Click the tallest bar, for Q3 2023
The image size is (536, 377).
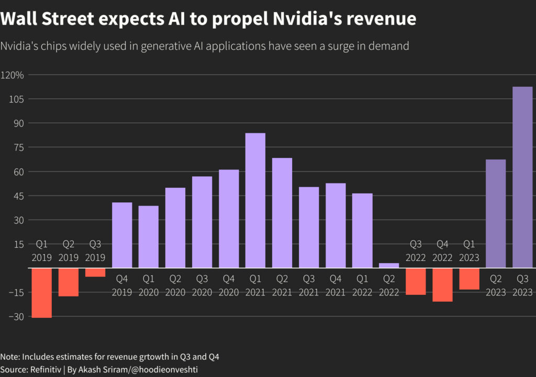[x=522, y=177]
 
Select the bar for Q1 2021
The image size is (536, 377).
[x=255, y=200]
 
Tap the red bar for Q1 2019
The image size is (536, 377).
[x=42, y=292]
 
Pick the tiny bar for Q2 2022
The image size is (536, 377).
[x=389, y=265]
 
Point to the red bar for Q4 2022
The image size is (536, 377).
[x=442, y=284]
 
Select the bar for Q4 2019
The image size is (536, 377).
[x=122, y=235]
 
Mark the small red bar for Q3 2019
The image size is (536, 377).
[x=95, y=272]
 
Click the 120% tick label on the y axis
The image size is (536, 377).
[x=13, y=75]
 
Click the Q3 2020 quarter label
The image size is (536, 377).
[x=202, y=285]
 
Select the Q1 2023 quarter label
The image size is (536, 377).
[x=469, y=250]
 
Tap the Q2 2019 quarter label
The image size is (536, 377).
[x=69, y=250]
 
